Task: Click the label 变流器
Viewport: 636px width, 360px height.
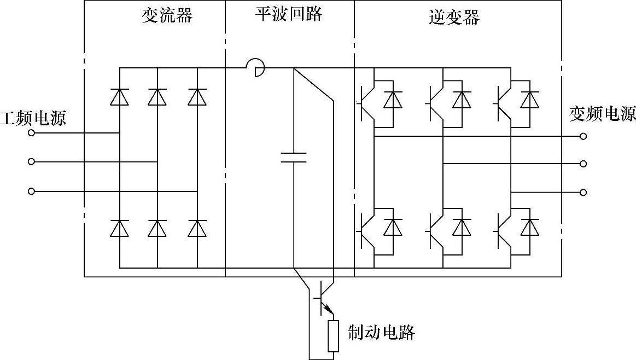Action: tap(167, 16)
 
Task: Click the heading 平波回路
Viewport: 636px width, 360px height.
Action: tap(288, 14)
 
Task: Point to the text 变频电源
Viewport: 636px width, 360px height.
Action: tap(603, 114)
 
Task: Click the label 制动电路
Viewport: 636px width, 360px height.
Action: tap(382, 332)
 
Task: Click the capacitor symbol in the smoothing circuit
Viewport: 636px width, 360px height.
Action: tap(294, 158)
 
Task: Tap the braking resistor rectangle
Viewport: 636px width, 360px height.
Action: tap(333, 336)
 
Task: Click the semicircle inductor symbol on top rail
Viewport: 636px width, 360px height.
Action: tap(255, 68)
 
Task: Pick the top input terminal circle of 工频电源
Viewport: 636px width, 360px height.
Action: tap(31, 133)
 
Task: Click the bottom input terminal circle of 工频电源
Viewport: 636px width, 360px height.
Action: tap(31, 191)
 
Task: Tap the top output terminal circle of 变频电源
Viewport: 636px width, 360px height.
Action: tap(584, 136)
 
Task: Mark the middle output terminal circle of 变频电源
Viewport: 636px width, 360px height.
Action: tap(584, 164)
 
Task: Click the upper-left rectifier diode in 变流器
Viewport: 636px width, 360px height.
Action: tap(119, 97)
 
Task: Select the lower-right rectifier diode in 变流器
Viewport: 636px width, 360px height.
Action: tap(197, 228)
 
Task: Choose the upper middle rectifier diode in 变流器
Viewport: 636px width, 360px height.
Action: tap(157, 97)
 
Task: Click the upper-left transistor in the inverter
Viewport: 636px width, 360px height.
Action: tap(366, 102)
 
